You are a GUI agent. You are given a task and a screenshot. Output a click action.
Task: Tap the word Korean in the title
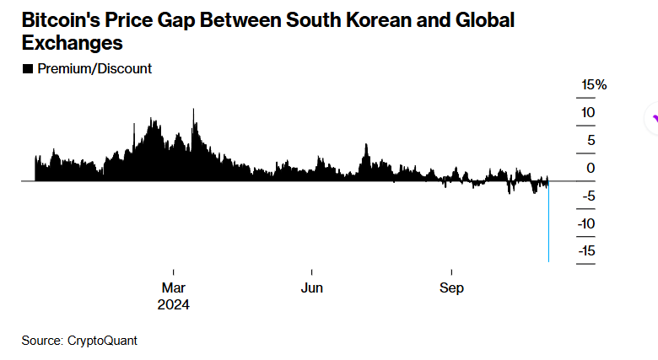click(x=359, y=19)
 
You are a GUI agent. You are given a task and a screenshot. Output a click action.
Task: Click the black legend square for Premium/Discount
click(x=27, y=69)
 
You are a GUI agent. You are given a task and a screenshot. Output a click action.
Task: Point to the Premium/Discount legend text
click(x=94, y=69)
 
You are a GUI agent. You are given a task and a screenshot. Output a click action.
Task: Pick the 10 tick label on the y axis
click(x=588, y=113)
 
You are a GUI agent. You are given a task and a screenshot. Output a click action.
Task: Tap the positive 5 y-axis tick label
click(x=591, y=141)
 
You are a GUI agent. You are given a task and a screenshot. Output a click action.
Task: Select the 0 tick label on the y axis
click(x=591, y=169)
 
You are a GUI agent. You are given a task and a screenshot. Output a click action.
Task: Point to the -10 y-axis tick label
click(x=586, y=224)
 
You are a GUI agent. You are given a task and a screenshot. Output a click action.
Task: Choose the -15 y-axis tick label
click(x=586, y=251)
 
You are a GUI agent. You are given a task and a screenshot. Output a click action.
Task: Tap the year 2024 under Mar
click(x=173, y=304)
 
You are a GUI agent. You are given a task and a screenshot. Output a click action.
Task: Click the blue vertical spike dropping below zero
click(x=549, y=228)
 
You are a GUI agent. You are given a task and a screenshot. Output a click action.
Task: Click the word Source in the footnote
click(x=40, y=341)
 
